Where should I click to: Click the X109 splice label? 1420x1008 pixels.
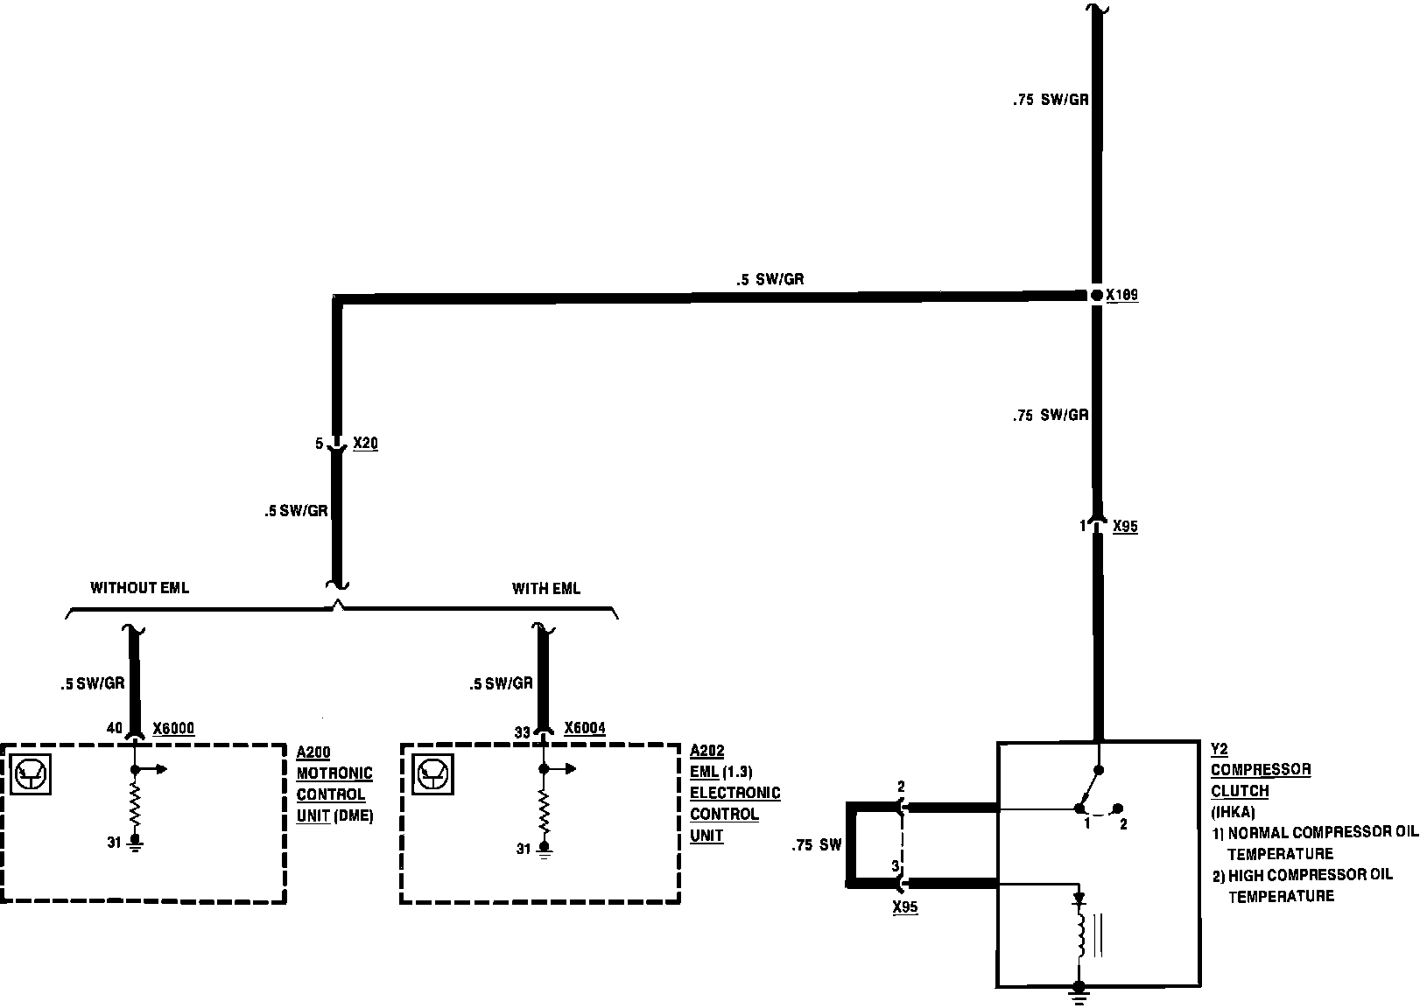1121,296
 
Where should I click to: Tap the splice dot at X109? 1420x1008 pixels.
1096,296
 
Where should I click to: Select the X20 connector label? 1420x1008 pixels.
365,444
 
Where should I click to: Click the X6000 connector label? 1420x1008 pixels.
173,728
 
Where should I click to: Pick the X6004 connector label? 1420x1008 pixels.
585,728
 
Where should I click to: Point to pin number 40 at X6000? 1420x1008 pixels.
114,728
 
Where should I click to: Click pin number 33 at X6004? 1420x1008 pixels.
522,732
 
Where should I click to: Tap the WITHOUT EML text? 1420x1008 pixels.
139,588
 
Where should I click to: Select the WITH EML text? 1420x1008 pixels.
546,588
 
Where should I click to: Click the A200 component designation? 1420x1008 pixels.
314,752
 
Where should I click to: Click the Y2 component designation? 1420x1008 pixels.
1220,749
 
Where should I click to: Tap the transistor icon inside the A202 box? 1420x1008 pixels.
432,773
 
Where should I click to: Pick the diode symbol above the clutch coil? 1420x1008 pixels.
1080,899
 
